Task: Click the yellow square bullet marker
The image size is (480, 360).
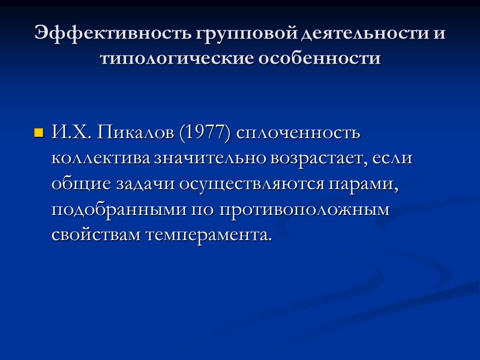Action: pyautogui.click(x=40, y=133)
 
